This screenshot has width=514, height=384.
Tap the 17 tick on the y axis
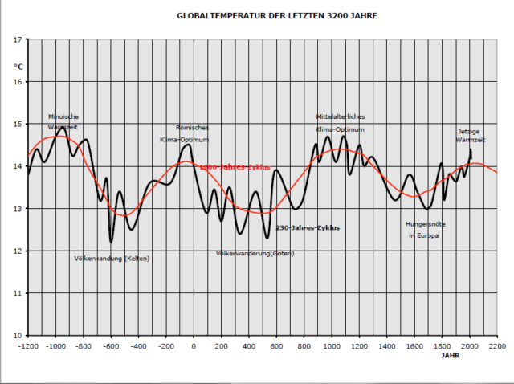[18, 39]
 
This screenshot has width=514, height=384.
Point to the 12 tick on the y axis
[18, 251]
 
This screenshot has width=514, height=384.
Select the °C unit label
[18, 66]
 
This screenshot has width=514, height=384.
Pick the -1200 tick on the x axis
[28, 346]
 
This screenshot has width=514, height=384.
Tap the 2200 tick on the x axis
[497, 346]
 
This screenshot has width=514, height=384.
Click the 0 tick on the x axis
[194, 346]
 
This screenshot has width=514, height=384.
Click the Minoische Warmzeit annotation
[63, 121]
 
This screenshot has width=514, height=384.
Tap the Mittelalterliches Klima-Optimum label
[340, 123]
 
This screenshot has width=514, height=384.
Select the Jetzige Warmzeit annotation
[471, 135]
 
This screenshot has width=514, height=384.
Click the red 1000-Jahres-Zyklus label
[234, 167]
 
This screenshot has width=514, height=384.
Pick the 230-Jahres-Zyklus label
[307, 228]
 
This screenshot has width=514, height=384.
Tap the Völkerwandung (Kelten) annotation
[112, 258]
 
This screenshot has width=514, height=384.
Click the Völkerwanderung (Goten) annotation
[255, 254]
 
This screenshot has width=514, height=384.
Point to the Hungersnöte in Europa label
[423, 230]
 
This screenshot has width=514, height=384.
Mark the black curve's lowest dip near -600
[111, 242]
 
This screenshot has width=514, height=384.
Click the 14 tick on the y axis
[18, 166]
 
